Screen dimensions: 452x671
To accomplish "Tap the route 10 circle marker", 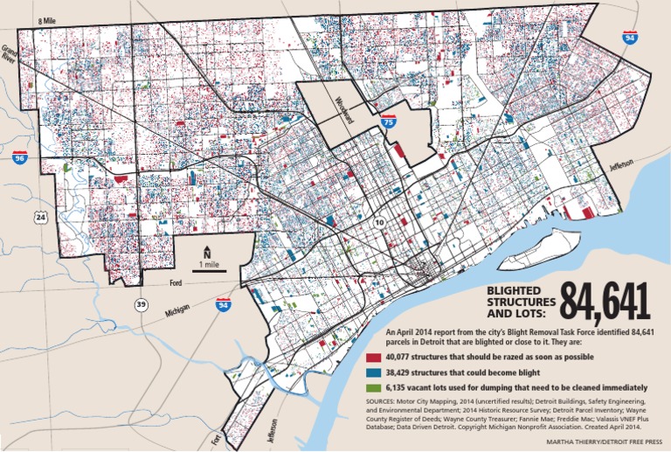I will pyautogui.click(x=378, y=224).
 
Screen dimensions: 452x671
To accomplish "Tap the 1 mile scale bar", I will pyautogui.click(x=207, y=268).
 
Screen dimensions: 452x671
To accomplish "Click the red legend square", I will pyautogui.click(x=374, y=358).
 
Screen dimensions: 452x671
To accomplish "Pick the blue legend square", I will pyautogui.click(x=374, y=372).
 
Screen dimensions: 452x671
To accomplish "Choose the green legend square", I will pyautogui.click(x=374, y=387).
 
